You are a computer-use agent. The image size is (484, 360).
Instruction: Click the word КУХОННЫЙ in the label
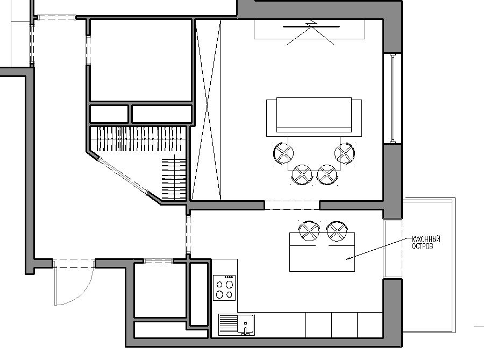[x=426, y=239]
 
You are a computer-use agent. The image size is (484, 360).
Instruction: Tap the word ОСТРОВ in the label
[x=423, y=246]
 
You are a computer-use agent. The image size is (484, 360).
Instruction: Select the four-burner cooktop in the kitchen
[x=224, y=288]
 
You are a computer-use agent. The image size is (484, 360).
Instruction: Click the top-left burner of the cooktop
[x=219, y=284]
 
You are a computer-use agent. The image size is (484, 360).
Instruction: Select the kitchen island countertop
[x=322, y=252]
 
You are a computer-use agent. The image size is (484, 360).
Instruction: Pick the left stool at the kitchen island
[x=309, y=231]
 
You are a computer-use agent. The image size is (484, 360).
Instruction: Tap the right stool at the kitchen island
[x=337, y=231]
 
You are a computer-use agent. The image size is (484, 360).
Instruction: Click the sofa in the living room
[x=314, y=117]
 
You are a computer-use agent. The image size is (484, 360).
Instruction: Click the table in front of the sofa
[x=314, y=153]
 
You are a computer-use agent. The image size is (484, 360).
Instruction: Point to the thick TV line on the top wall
[x=311, y=27]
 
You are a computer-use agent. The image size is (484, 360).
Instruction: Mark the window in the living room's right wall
[x=393, y=98]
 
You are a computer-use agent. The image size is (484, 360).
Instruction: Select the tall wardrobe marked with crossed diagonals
[x=206, y=110]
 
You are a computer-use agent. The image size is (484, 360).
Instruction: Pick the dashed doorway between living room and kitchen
[x=292, y=206]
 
